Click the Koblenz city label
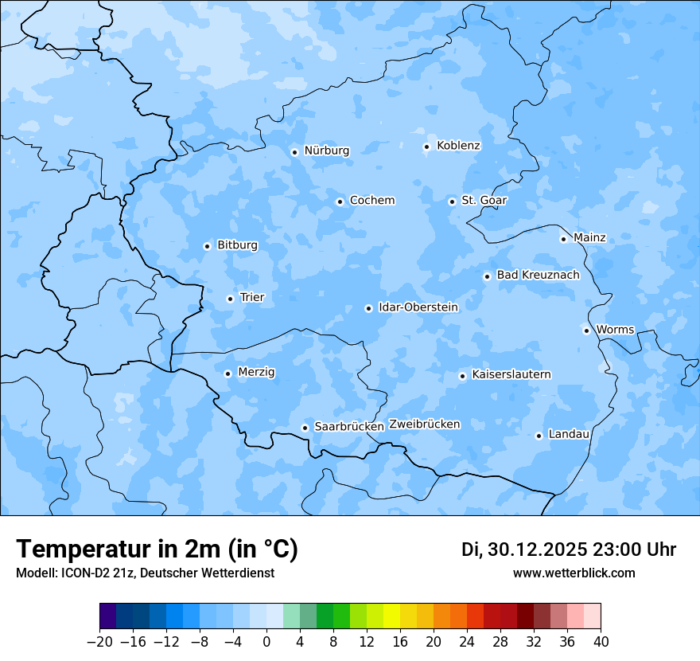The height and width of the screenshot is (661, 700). [458, 145]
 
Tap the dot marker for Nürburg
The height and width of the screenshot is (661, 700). [294, 152]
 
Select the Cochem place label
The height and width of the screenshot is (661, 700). [371, 200]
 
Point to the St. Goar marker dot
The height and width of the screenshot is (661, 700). [452, 201]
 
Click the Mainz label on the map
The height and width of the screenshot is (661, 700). [589, 237]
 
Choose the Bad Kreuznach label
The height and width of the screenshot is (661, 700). [538, 275]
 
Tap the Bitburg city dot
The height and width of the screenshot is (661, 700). [207, 246]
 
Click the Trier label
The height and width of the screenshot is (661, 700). [251, 297]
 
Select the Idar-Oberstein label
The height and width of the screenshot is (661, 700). [418, 307]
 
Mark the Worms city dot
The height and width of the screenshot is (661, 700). [586, 330]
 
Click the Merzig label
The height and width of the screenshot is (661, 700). [256, 372]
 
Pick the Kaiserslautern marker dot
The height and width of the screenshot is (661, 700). [462, 376]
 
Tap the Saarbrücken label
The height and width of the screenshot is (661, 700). [348, 427]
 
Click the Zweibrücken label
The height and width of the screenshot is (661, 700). [424, 424]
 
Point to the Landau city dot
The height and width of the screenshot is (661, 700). [539, 436]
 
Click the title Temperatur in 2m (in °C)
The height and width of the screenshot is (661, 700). [157, 549]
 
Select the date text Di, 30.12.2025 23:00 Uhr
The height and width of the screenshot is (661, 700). [568, 550]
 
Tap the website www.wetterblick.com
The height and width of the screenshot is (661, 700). [574, 573]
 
